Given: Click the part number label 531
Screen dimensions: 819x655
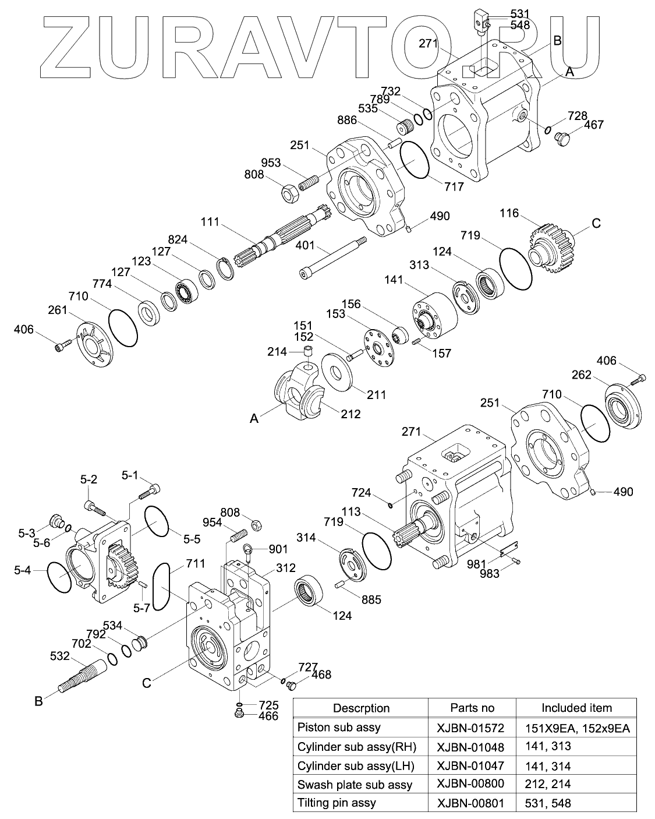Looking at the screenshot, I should click(x=520, y=13).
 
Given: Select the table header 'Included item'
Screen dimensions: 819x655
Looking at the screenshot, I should click(x=576, y=708).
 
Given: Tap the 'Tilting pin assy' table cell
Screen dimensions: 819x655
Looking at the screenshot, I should click(x=337, y=803).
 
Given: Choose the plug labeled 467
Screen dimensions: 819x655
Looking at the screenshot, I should click(x=563, y=140).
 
